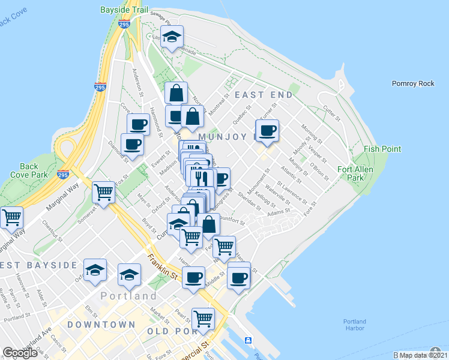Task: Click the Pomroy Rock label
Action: (x=412, y=83)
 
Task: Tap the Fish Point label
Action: (x=382, y=149)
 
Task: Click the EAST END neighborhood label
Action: (x=264, y=95)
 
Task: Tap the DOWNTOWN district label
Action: (x=101, y=325)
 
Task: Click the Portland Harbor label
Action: (x=355, y=325)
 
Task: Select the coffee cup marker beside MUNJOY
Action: (x=267, y=131)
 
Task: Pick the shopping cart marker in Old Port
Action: (x=203, y=319)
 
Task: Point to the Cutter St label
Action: (x=331, y=111)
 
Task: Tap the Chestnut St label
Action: (x=49, y=232)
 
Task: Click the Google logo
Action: (x=20, y=353)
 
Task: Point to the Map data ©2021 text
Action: (x=421, y=355)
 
